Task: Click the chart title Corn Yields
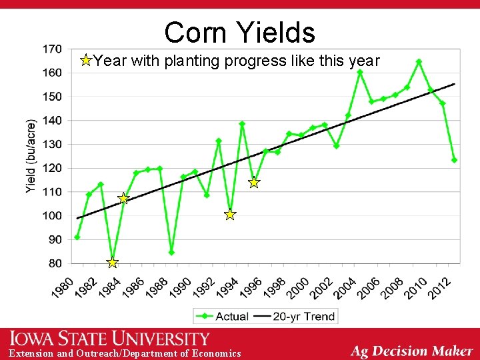[239, 32]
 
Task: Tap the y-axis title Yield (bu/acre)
[31, 157]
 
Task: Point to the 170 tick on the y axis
[51, 49]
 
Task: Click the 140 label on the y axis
[51, 120]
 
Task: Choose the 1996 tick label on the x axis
[252, 289]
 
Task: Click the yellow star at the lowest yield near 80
[112, 263]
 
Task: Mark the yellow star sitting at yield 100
[230, 215]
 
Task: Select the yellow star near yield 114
[254, 183]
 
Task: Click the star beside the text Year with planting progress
[85, 61]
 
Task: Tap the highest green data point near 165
[419, 61]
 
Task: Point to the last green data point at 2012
[454, 160]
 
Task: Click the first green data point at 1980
[77, 237]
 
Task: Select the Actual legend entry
[223, 316]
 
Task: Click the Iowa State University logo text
[110, 339]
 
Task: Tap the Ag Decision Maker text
[411, 350]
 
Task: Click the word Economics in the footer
[216, 353]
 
